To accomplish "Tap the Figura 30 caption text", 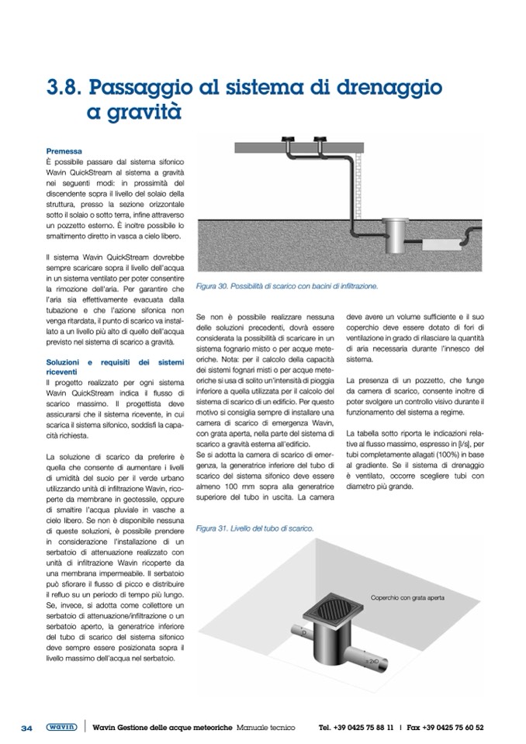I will pos(288,286).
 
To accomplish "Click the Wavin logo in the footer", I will pos(61,728).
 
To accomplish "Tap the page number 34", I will pos(26,728).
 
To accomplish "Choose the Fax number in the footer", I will pos(445,728).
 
